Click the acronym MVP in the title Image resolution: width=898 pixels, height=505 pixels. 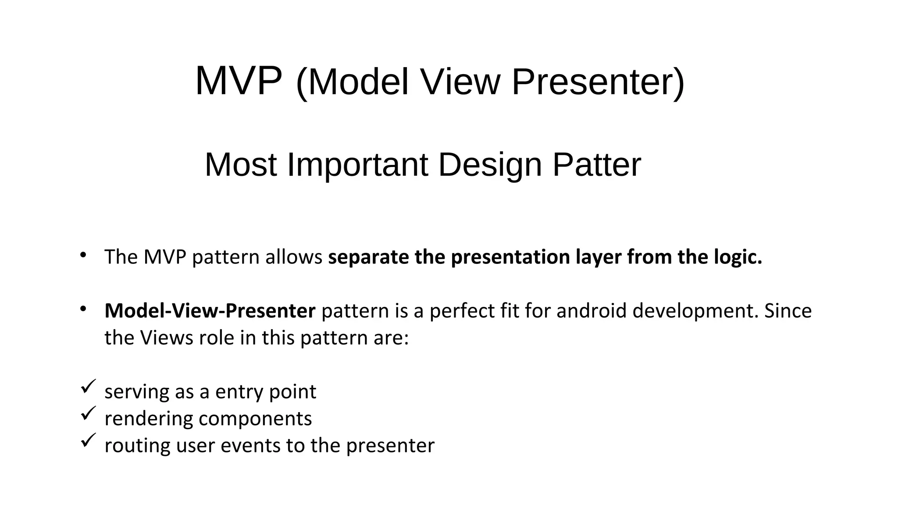pyautogui.click(x=238, y=82)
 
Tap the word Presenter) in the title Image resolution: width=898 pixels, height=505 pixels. pyautogui.click(x=598, y=82)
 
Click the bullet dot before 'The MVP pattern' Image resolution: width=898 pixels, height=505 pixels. pyautogui.click(x=83, y=255)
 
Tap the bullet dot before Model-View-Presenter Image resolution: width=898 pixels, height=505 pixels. pyautogui.click(x=83, y=309)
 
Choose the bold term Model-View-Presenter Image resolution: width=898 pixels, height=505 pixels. pyautogui.click(x=210, y=311)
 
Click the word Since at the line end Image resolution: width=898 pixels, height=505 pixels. pyautogui.click(x=788, y=311)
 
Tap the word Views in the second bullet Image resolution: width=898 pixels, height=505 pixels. pyautogui.click(x=166, y=338)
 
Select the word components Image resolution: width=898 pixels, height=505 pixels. pyautogui.click(x=255, y=419)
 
